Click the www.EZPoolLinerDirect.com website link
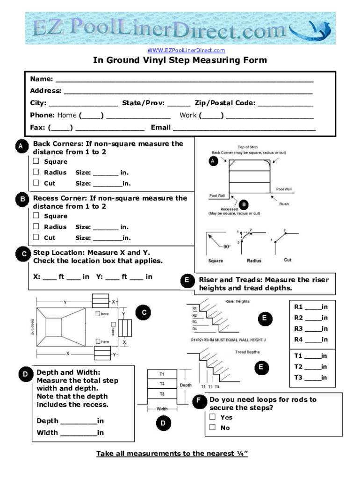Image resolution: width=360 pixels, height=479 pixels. click(186, 50)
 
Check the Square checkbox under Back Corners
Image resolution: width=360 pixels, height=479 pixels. click(36, 162)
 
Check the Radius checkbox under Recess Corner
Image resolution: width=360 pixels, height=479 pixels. click(36, 227)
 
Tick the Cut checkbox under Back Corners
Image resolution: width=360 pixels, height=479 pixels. click(36, 183)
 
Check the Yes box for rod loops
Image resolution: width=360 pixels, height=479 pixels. click(213, 417)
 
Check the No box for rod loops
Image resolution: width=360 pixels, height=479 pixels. click(213, 427)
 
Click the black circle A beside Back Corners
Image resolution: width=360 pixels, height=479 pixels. click(20, 146)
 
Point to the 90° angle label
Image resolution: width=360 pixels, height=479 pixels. click(226, 247)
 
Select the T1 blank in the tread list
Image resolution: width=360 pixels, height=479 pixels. click(313, 357)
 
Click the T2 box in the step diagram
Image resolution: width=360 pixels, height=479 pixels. click(162, 384)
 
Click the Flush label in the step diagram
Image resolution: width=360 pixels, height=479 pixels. click(284, 204)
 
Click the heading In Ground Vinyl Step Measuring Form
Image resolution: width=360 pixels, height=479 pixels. click(180, 60)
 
